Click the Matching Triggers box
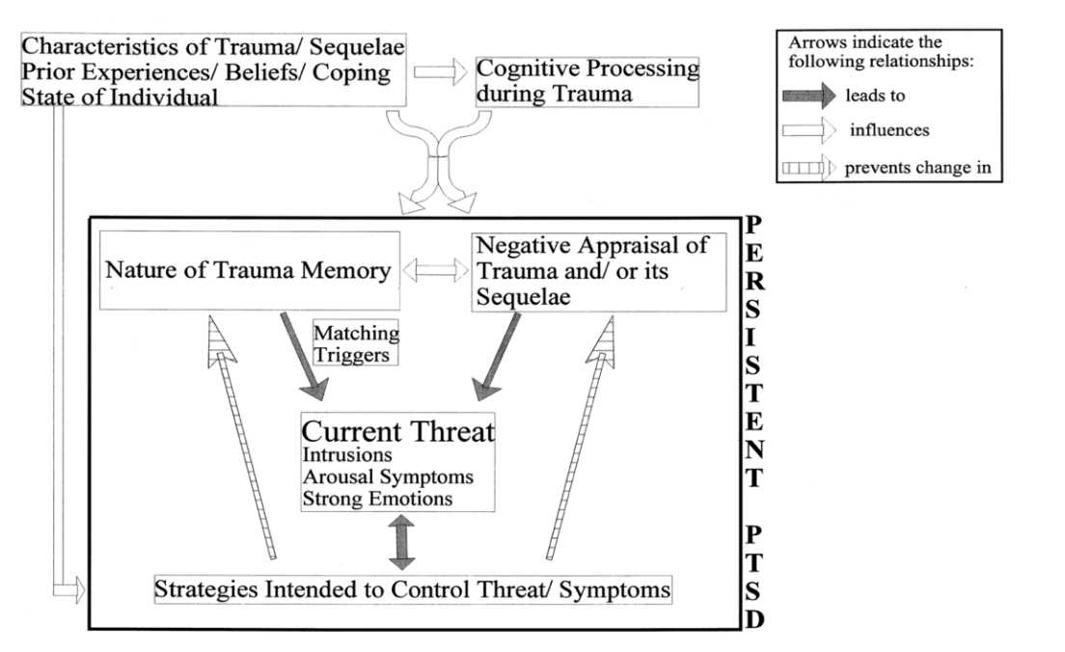tap(355, 343)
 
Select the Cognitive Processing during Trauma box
tap(587, 81)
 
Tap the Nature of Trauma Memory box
tap(249, 270)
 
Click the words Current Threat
tap(398, 431)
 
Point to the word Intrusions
tap(347, 454)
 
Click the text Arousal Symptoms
tap(388, 476)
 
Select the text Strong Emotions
tap(377, 499)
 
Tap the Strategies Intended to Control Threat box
tap(413, 589)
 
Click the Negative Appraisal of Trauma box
tap(598, 272)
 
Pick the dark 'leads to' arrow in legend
tap(808, 95)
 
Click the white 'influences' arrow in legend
tap(808, 129)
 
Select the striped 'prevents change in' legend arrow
tap(808, 167)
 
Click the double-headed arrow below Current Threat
tap(401, 542)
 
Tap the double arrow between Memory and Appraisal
tap(435, 270)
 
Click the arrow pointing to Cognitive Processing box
tap(440, 71)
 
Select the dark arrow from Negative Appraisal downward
tap(497, 357)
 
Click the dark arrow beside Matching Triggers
tap(304, 357)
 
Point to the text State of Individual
tap(120, 96)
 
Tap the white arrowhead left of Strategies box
tap(79, 589)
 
